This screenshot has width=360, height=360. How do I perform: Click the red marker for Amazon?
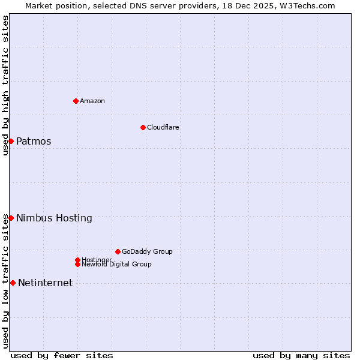(x=76, y=101)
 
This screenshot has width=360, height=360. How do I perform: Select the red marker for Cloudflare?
(x=143, y=127)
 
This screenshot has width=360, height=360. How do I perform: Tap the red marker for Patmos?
(x=11, y=141)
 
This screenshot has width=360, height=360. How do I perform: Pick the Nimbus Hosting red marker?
(x=11, y=218)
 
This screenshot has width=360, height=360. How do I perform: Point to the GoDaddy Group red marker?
(x=118, y=251)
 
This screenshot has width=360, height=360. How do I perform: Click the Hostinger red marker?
(x=77, y=260)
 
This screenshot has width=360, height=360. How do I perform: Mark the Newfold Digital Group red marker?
(x=77, y=264)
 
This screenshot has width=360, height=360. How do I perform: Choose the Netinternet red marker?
(x=13, y=283)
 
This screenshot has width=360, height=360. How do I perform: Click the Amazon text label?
(x=92, y=101)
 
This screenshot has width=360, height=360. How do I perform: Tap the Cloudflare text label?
(x=163, y=127)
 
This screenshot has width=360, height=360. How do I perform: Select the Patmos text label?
(x=34, y=142)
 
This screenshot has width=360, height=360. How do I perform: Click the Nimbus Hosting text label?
(x=54, y=218)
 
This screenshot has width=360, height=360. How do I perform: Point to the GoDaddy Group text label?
(x=147, y=251)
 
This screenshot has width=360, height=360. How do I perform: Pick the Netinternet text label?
(x=45, y=283)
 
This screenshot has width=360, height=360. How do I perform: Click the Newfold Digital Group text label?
(x=117, y=265)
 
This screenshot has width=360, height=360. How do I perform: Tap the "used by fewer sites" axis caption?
(x=62, y=355)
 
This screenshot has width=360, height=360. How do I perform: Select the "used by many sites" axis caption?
(x=301, y=355)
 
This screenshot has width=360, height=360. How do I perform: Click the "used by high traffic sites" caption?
(x=5, y=85)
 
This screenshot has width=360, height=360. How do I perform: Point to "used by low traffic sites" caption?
(x=5, y=281)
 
